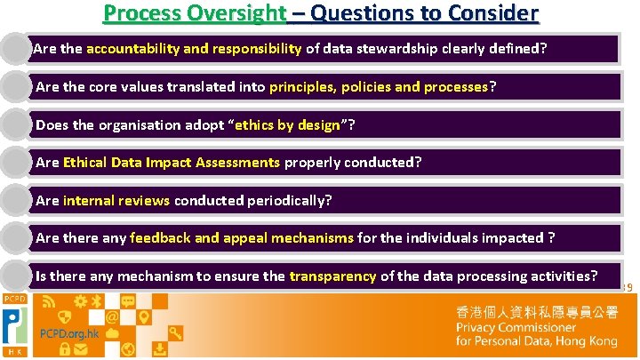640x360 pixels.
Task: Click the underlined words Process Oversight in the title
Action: point(195,13)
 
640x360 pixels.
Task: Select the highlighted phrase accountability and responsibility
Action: point(194,49)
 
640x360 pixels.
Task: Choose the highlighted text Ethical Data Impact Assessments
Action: point(172,163)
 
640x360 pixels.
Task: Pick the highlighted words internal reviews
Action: point(116,201)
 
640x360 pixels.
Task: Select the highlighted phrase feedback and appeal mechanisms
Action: point(242,238)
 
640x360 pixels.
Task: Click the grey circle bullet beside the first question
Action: point(14,49)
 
